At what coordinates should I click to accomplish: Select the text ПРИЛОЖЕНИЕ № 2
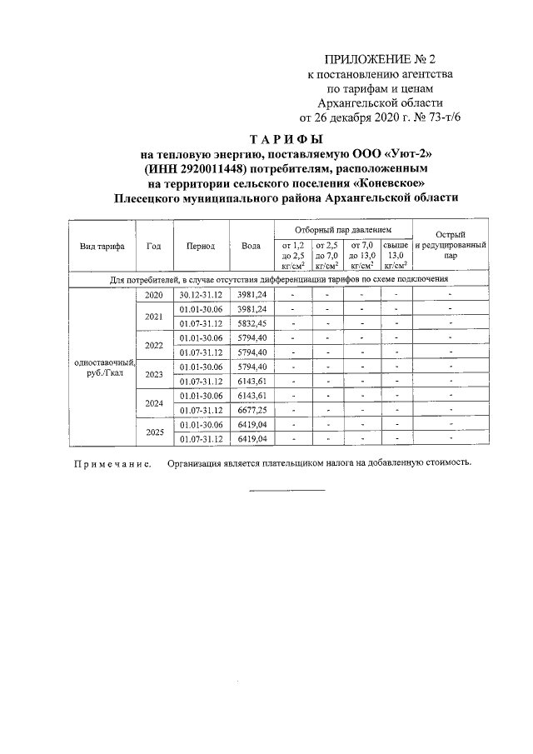point(380,60)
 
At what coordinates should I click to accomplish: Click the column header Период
point(201,246)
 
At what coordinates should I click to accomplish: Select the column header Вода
point(251,246)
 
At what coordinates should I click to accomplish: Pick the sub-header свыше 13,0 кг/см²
point(396,254)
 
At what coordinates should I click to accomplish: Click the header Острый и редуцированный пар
point(450,246)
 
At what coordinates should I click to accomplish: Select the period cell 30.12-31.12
point(201,296)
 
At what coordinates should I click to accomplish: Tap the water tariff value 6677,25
point(251,410)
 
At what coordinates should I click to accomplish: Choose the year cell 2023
point(153,374)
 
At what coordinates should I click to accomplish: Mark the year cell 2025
point(153,432)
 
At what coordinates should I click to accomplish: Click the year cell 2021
point(153,317)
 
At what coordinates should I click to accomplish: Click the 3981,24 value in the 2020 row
point(251,296)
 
